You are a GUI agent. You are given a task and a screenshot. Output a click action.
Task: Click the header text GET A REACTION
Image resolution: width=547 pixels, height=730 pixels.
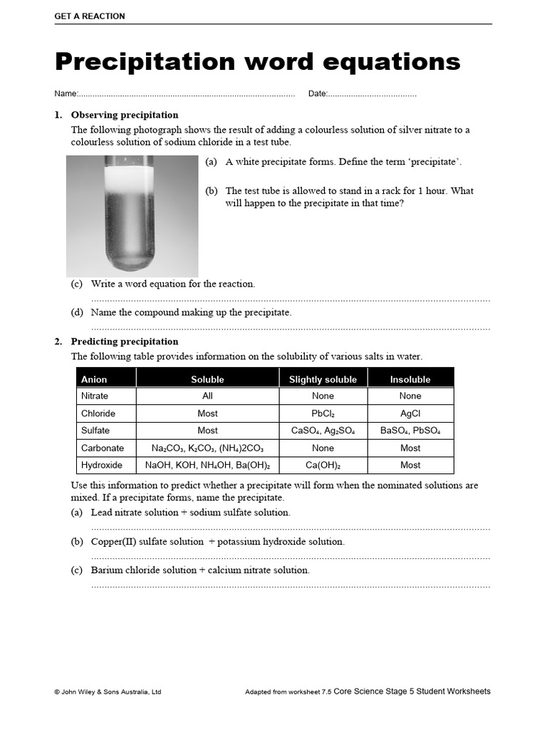pyautogui.click(x=90, y=16)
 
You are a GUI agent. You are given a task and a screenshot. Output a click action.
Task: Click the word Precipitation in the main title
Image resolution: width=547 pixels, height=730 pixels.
pyautogui.click(x=145, y=62)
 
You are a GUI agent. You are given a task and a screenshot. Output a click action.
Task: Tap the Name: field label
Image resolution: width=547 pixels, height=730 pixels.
pyautogui.click(x=66, y=94)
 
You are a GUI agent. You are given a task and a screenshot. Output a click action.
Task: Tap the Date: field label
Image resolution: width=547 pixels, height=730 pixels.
pyautogui.click(x=318, y=94)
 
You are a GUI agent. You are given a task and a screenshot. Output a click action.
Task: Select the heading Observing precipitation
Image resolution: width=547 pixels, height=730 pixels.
pyautogui.click(x=125, y=115)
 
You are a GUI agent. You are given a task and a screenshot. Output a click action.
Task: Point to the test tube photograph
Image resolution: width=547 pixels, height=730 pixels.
pyautogui.click(x=132, y=215)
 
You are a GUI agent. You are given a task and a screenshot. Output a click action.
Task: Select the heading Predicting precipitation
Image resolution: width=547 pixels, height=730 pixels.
pyautogui.click(x=125, y=341)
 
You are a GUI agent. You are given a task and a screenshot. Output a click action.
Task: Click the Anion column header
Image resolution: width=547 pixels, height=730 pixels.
pyautogui.click(x=94, y=379)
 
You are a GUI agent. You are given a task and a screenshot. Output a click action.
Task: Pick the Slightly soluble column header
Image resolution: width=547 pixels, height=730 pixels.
pyautogui.click(x=323, y=379)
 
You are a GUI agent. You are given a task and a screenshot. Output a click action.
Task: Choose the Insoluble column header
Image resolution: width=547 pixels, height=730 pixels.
pyautogui.click(x=410, y=379)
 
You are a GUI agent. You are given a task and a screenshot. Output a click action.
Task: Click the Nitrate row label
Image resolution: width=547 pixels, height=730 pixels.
pyautogui.click(x=95, y=396)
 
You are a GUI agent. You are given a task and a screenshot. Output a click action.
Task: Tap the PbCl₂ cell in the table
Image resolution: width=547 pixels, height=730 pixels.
pyautogui.click(x=323, y=413)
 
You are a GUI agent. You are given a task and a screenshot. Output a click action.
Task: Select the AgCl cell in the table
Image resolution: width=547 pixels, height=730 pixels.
pyautogui.click(x=410, y=413)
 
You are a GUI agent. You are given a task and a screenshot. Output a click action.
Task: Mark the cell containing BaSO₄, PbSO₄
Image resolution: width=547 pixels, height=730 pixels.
pyautogui.click(x=410, y=431)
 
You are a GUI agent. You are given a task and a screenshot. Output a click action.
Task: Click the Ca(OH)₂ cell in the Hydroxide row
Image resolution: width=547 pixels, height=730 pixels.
pyautogui.click(x=323, y=465)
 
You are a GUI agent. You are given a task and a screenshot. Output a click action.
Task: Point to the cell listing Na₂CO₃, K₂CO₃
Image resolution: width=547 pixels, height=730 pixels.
pyautogui.click(x=207, y=448)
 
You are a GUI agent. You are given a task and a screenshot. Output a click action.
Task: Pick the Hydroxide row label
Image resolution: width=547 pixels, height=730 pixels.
pyautogui.click(x=102, y=465)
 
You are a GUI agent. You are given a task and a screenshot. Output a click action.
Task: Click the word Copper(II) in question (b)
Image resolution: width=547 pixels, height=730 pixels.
pyautogui.click(x=113, y=541)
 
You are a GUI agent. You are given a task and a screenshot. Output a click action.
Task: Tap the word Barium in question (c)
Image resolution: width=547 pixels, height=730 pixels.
pyautogui.click(x=105, y=570)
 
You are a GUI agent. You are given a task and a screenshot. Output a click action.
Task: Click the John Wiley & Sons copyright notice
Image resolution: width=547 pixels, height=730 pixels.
pyautogui.click(x=108, y=692)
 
